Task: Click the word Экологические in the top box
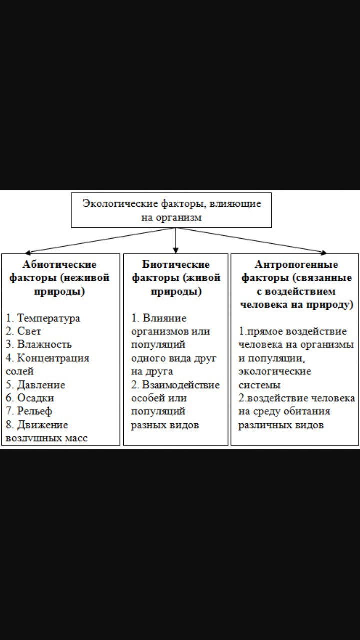coord(120,204)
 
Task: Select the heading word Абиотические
coord(59,264)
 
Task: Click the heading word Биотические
coord(176,264)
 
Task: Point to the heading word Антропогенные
coord(296,264)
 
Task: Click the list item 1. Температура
coord(43,318)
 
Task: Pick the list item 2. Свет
coord(23,331)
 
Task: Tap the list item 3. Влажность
coord(39,344)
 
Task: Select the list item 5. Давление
coord(35,385)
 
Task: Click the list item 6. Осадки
coord(30,398)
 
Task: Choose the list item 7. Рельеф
coord(29,411)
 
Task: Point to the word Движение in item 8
coord(43,425)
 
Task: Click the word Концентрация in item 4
coord(53,358)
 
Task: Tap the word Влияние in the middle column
coord(164,318)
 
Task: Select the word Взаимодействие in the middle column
coord(181,385)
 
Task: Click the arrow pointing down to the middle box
coord(176,240)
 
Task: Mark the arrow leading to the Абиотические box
coord(100,240)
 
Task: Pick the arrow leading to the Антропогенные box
coord(251,240)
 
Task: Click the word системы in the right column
coord(259,385)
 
